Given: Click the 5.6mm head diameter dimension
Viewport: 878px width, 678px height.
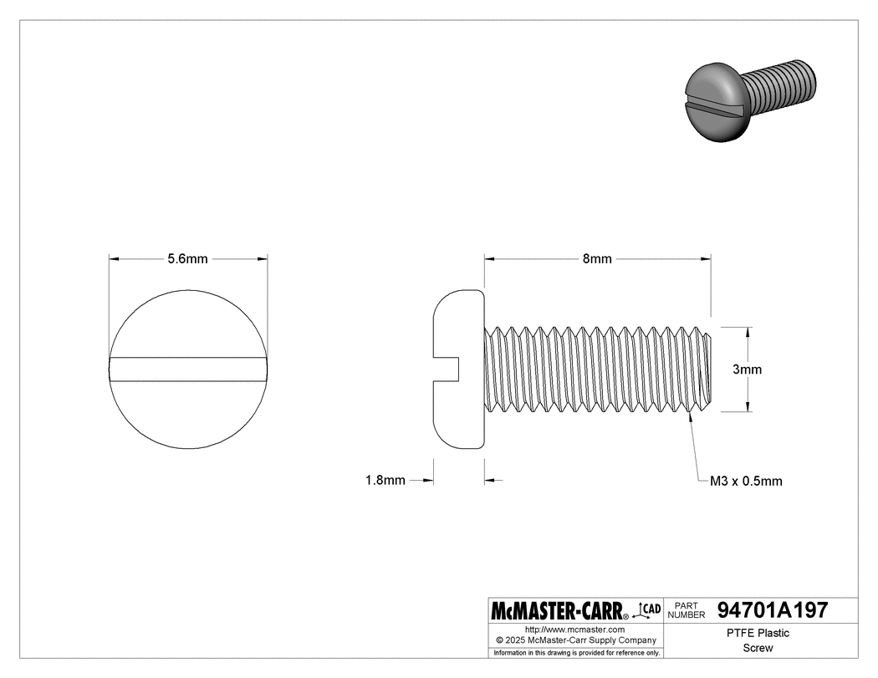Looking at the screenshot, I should [187, 259].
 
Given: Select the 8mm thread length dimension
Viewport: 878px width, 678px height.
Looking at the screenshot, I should [597, 259].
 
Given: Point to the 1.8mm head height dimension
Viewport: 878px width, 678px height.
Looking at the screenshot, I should [385, 480].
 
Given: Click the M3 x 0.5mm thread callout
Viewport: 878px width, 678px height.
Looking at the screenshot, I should [746, 481].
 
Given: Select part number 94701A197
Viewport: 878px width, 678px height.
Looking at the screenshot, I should [773, 610].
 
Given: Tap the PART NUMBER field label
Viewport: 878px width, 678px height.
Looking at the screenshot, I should [688, 610].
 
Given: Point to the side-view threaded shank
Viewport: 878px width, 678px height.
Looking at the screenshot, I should [597, 369].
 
